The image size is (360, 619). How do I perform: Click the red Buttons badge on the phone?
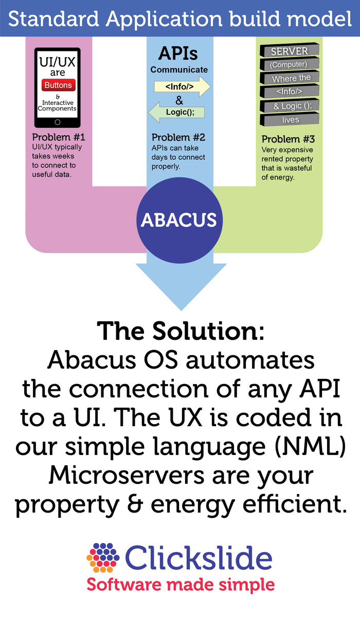pos(58,85)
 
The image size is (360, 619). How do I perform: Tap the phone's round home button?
pos(58,122)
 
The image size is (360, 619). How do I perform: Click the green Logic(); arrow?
pos(177,112)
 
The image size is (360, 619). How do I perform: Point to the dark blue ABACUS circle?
pos(178,220)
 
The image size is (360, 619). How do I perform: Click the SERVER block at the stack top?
pos(290,51)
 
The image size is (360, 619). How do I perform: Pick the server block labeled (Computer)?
pos(289,65)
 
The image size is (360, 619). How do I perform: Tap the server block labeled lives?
pos(291,120)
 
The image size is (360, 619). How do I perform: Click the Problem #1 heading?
pos(59,138)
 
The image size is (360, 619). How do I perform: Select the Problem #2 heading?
pos(178,138)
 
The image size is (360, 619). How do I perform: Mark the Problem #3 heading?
pos(288,139)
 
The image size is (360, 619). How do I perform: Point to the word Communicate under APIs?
pos(179,69)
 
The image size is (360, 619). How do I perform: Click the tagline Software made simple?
pos(180,585)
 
